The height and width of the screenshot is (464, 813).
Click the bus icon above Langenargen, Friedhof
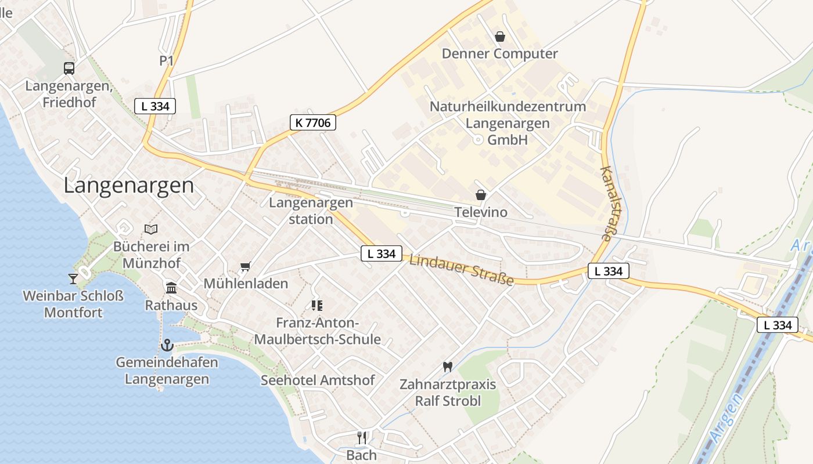point(69,68)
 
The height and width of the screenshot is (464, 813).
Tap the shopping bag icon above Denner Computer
point(499,37)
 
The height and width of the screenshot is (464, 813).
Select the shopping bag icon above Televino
point(480,195)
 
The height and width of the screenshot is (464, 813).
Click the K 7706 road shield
point(312,122)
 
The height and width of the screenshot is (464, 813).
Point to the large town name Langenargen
point(128,186)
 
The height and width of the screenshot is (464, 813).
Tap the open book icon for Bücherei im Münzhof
point(151,229)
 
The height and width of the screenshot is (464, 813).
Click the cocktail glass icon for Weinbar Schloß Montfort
point(73,279)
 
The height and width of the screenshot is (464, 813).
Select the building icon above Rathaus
point(171,288)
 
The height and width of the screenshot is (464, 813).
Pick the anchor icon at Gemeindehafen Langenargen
point(167,346)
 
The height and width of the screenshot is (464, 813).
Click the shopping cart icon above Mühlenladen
point(246,267)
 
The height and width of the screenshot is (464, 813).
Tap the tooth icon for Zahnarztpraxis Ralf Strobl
point(447,367)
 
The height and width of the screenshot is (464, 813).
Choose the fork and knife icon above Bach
point(362,437)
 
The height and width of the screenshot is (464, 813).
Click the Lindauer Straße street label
point(462,270)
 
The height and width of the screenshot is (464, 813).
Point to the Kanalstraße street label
point(608,204)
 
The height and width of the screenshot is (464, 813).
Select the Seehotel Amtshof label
point(318,380)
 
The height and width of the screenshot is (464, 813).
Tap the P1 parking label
point(167,61)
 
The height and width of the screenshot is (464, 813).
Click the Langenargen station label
point(311,211)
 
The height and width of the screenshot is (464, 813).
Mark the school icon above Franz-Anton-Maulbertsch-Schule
point(316,305)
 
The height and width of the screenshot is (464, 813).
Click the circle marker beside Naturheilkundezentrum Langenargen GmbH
point(477,140)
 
